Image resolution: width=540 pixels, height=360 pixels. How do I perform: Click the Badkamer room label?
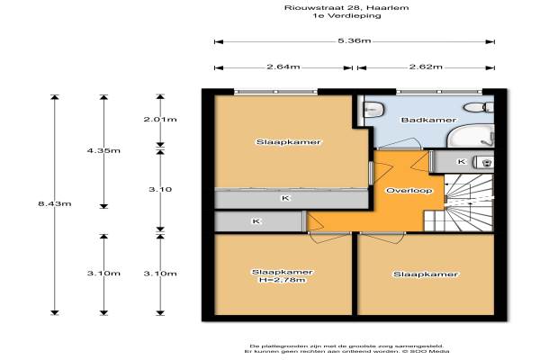click(x=428, y=120)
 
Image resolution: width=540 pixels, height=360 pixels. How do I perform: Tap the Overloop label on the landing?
click(x=409, y=191)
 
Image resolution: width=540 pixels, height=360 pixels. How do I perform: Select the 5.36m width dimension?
click(x=354, y=40)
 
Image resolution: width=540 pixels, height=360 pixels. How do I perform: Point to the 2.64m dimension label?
click(x=283, y=67)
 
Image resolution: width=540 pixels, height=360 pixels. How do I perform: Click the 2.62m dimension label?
click(x=426, y=67)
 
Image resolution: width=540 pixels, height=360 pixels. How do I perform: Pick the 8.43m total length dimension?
click(x=55, y=203)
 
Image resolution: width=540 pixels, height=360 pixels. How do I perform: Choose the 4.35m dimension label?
click(x=103, y=150)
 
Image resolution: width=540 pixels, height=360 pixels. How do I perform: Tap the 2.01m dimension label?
click(x=160, y=119)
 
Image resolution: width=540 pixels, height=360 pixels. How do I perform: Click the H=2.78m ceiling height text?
click(x=283, y=280)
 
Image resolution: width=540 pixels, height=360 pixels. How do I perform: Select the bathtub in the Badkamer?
click(x=471, y=136)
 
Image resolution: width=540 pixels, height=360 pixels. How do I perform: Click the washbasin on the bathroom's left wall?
click(x=374, y=109)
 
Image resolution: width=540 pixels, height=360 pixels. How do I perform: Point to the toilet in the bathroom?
click(x=479, y=107)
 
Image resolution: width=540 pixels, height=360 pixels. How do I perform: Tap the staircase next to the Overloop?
click(x=459, y=202)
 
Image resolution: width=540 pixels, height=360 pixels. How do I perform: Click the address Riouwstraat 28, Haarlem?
click(x=346, y=7)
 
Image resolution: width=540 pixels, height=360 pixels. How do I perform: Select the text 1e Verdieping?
click(x=346, y=15)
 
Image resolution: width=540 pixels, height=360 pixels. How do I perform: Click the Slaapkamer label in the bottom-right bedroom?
click(x=426, y=274)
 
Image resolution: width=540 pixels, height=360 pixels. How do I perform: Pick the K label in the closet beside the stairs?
click(x=462, y=162)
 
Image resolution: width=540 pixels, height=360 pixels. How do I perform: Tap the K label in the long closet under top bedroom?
click(x=285, y=198)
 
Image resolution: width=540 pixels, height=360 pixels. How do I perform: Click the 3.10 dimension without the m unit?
click(x=160, y=189)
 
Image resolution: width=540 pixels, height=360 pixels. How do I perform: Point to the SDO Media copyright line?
click(x=346, y=351)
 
